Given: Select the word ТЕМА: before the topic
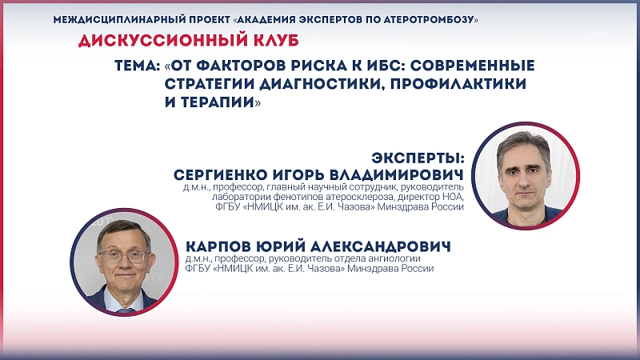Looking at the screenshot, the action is pyautogui.click(x=138, y=66).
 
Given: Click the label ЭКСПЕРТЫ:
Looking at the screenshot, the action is pyautogui.click(x=418, y=158).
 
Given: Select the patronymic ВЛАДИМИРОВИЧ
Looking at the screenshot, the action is pyautogui.click(x=396, y=174).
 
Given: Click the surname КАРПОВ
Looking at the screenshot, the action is pyautogui.click(x=218, y=246).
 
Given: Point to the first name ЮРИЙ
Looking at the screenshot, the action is pyautogui.click(x=281, y=246).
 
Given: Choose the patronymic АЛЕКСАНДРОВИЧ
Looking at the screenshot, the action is pyautogui.click(x=381, y=246).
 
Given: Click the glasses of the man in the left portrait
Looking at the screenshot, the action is pyautogui.click(x=122, y=256).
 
